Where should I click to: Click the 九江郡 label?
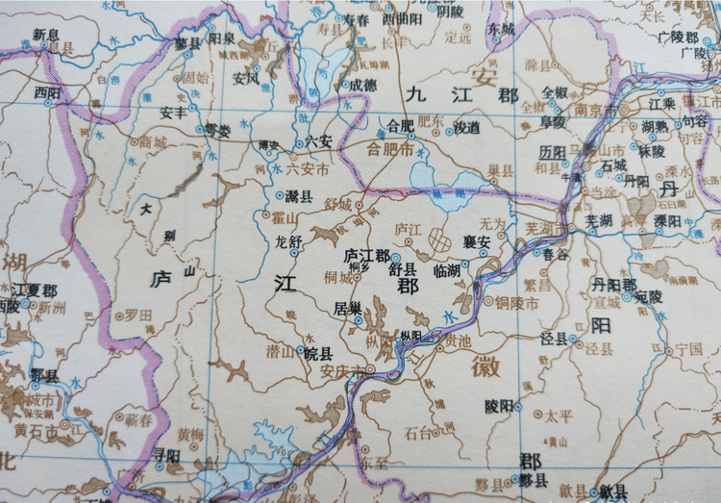461,95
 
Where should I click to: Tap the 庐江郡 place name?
366,256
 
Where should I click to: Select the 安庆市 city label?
340,371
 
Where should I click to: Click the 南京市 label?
596,111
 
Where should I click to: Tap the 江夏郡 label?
34,289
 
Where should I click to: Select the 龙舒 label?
288,241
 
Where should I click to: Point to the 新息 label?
45,35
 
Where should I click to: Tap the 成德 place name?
361,84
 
